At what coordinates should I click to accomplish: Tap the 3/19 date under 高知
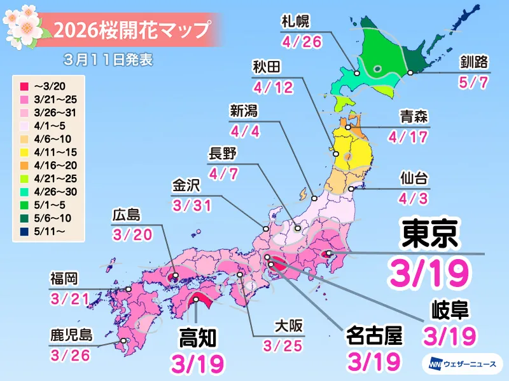click(199, 361)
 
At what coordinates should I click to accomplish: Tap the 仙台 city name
click(414, 176)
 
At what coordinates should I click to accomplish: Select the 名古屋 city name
click(375, 336)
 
